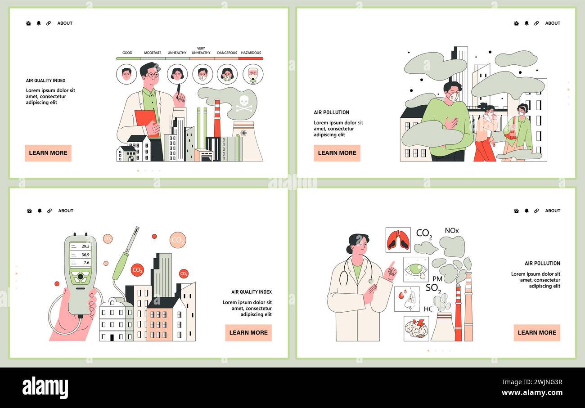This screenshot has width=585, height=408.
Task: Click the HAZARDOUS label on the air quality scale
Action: [251, 53]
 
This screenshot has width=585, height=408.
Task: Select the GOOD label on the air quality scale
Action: [127, 53]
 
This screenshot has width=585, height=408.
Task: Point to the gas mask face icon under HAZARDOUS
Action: [253, 75]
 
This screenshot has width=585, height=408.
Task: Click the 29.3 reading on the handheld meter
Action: [85, 246]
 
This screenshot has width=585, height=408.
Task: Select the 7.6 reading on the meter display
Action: [86, 262]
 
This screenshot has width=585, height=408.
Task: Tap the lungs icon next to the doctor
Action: [398, 240]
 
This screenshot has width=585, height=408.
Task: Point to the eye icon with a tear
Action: [415, 269]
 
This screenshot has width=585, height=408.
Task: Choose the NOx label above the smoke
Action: [451, 231]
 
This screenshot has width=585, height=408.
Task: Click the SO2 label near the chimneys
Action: [433, 288]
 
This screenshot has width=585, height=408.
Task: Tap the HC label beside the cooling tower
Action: [428, 309]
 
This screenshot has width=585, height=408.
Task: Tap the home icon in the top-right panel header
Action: [516, 23]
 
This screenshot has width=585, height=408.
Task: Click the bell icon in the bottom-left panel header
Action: [40, 211]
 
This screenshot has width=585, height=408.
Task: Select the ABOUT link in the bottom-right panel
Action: [553, 211]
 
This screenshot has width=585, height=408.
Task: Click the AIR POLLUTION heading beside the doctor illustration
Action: [542, 263]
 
